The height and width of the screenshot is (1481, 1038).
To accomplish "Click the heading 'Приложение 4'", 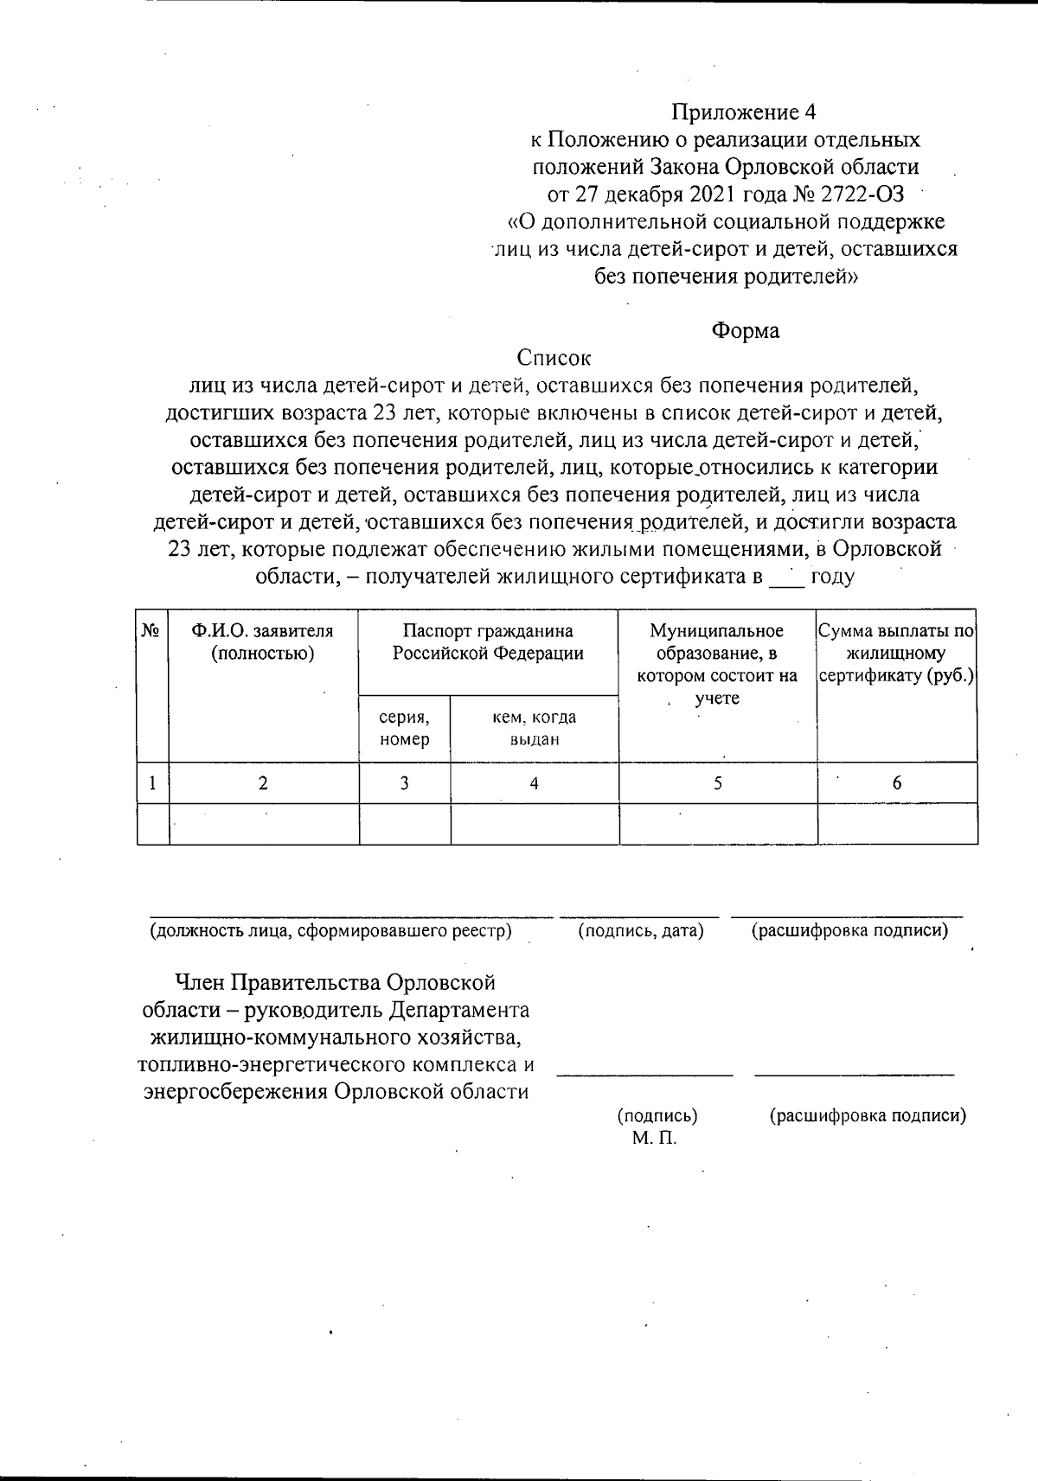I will tap(744, 112).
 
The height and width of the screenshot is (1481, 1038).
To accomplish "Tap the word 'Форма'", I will tap(745, 331).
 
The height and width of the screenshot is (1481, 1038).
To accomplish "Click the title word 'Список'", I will tap(554, 357).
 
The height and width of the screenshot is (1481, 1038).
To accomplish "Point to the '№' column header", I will tap(152, 632).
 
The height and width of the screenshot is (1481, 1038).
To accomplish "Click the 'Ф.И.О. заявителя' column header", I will tap(263, 642).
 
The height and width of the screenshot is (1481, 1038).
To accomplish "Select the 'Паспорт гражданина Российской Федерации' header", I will tap(488, 642).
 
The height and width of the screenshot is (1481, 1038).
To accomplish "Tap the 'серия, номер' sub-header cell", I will tap(404, 728).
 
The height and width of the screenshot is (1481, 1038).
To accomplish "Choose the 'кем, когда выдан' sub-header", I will tap(534, 728).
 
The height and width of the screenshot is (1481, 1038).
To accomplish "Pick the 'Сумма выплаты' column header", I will tap(897, 654).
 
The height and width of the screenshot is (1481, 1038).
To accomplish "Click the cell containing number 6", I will tap(897, 783).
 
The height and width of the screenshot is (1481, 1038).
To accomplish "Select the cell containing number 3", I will tap(404, 783).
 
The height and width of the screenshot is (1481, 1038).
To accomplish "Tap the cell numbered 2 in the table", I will tap(263, 783).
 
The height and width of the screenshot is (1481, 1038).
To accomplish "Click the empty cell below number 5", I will tap(717, 824).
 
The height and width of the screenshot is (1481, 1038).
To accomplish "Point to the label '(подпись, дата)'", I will tap(640, 931).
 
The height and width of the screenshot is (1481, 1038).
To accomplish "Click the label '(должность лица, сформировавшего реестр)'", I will tap(330, 931).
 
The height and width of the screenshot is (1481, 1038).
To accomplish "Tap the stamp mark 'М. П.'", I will tap(654, 1139).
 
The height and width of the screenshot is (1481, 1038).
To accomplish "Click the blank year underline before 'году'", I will tap(787, 578).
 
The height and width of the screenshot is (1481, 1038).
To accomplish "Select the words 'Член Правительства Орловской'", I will tap(335, 983).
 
